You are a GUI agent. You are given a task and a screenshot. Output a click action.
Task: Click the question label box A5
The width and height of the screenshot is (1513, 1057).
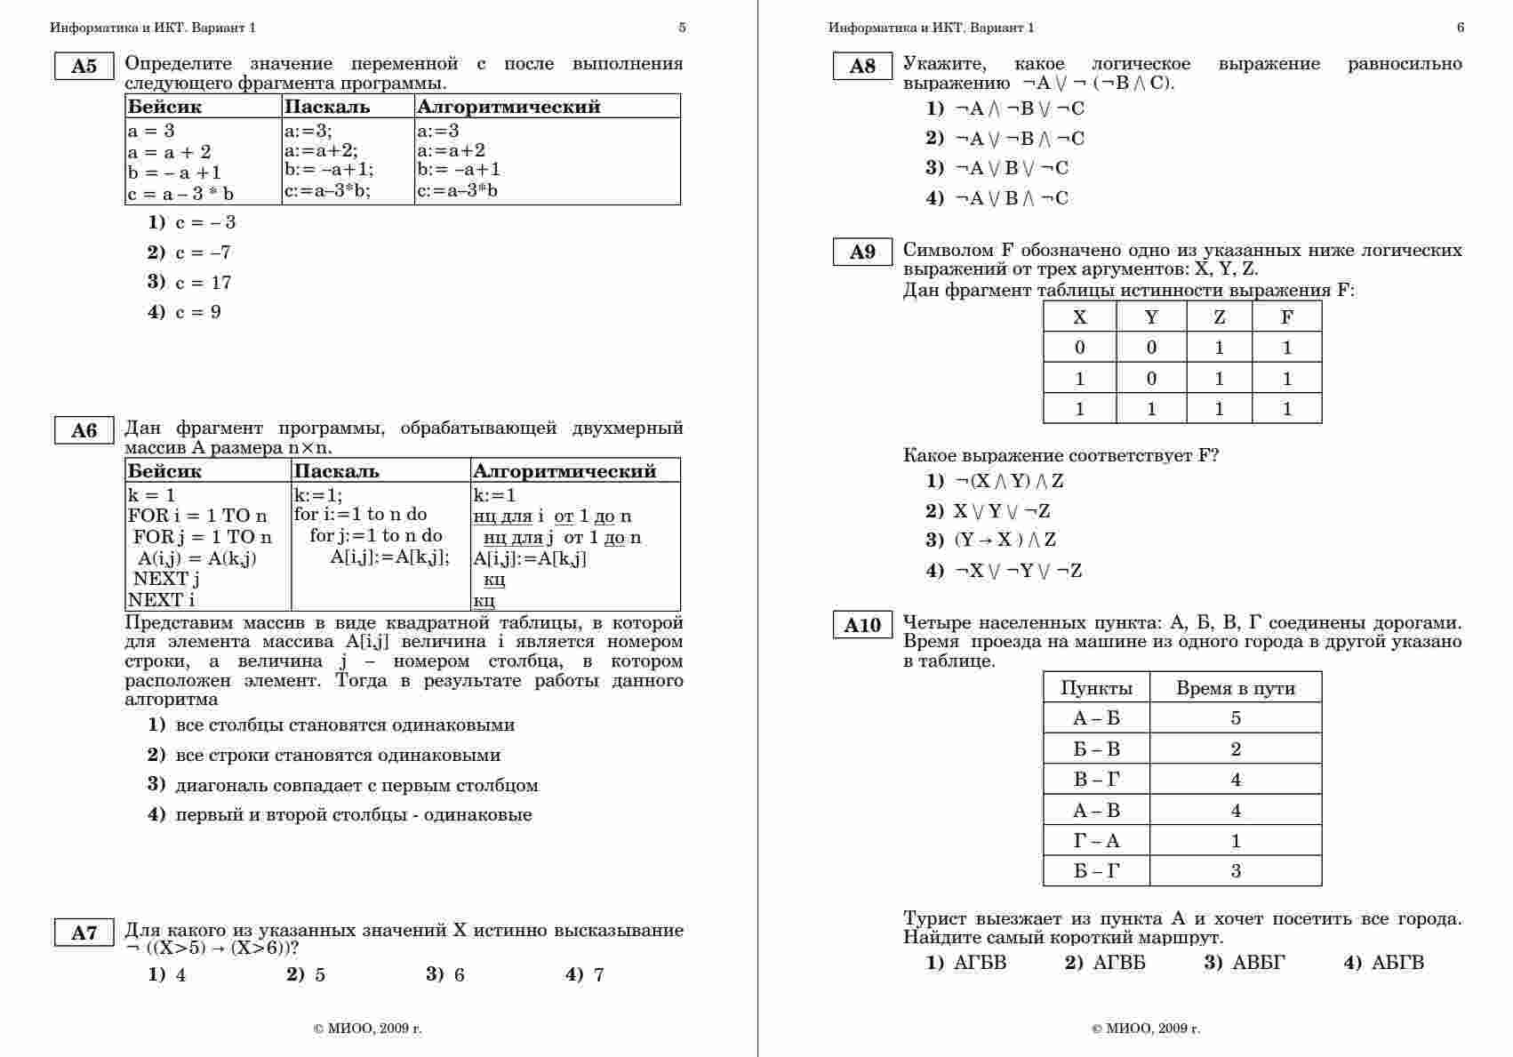[84, 67]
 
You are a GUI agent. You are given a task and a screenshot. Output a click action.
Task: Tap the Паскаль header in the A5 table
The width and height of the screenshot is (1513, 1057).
[327, 107]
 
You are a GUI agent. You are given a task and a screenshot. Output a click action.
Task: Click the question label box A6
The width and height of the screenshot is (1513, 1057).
[84, 431]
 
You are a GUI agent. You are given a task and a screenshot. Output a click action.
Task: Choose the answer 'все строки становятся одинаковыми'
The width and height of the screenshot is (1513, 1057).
[338, 756]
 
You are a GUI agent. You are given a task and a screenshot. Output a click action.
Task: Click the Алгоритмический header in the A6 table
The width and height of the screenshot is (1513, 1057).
[564, 471]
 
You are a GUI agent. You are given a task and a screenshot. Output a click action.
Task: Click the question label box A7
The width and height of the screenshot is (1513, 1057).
[84, 933]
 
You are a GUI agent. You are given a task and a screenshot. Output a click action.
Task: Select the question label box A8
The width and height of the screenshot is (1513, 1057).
[862, 67]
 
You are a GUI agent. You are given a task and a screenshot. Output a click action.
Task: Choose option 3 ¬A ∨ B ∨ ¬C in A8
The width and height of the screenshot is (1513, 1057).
[1011, 168]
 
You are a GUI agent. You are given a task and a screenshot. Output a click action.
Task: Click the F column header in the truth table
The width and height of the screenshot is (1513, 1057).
[1286, 317]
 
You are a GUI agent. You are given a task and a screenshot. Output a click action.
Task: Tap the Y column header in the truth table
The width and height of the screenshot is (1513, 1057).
[1151, 317]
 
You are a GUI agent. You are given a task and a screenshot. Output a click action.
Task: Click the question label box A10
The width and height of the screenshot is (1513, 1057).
[862, 626]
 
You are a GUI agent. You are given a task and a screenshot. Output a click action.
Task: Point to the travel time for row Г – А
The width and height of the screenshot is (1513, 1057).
[1236, 841]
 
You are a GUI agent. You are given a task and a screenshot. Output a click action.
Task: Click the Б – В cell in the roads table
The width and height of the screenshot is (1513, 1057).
[1096, 749]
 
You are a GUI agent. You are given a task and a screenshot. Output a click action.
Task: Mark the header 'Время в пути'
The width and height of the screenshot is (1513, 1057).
[1236, 688]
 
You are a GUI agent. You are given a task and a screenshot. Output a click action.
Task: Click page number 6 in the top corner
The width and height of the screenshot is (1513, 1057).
[1461, 28]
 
